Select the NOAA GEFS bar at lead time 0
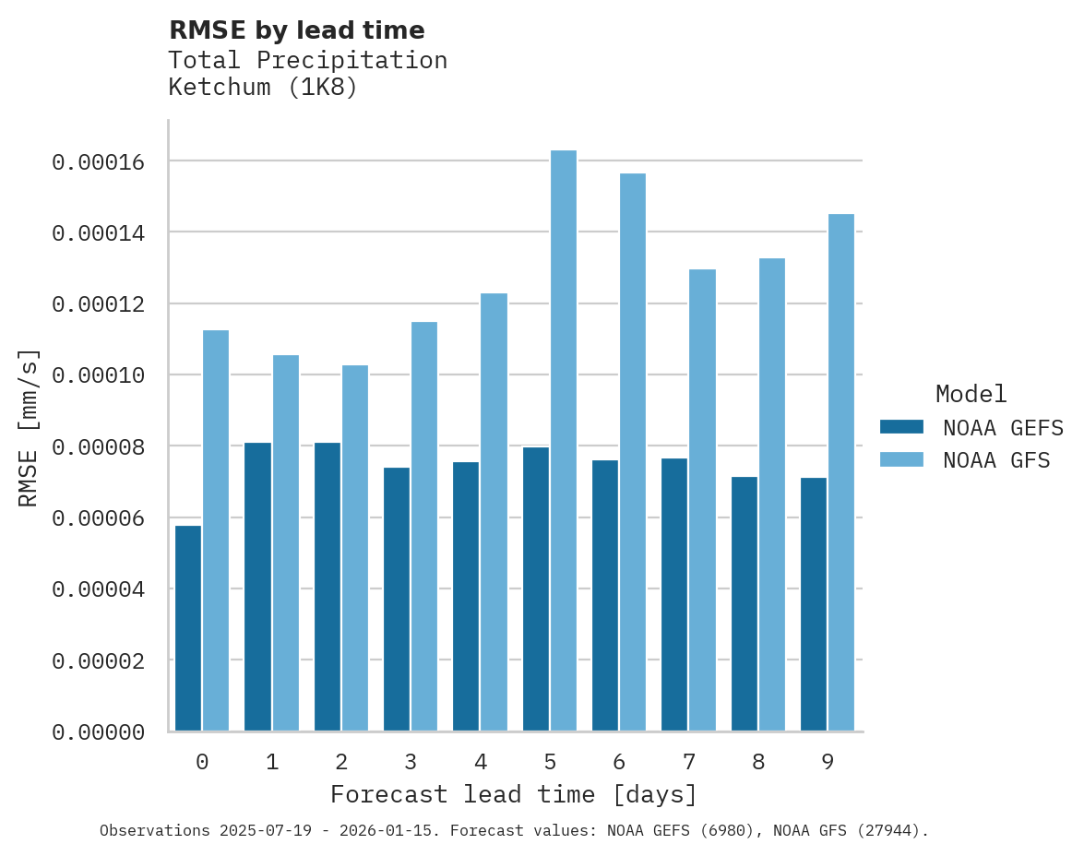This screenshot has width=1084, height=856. click(x=188, y=628)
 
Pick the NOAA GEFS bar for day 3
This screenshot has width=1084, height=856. click(x=397, y=600)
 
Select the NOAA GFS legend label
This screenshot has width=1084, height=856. click(x=996, y=459)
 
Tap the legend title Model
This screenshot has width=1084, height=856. click(x=971, y=394)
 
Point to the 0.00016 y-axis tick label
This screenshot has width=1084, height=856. click(x=99, y=162)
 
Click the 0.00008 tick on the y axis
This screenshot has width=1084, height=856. click(x=99, y=447)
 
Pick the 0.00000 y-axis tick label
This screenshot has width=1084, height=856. click(x=99, y=732)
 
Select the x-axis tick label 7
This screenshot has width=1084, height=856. click(x=688, y=762)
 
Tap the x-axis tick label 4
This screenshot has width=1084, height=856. click(x=481, y=762)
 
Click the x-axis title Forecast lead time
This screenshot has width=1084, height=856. click(x=514, y=794)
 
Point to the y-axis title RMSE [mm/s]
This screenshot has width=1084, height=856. click(x=29, y=428)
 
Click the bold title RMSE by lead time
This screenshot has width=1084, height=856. click(x=296, y=30)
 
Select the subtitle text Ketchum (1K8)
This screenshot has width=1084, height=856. click(x=262, y=88)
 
